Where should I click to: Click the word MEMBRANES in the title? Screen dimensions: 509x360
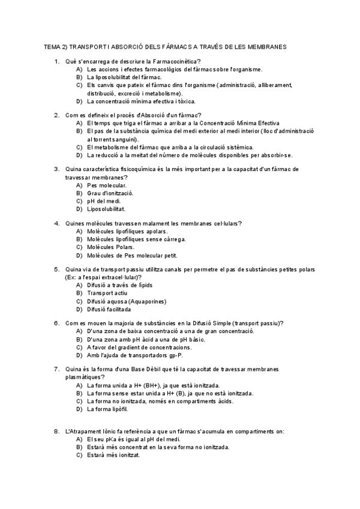pyautogui.click(x=265, y=46)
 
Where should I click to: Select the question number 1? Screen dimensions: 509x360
pyautogui.click(x=57, y=62)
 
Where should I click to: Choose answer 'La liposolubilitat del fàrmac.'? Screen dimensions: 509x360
pyautogui.click(x=124, y=77)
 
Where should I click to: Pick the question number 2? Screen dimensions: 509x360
pyautogui.click(x=57, y=115)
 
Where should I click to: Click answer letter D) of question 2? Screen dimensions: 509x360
pyautogui.click(x=79, y=155)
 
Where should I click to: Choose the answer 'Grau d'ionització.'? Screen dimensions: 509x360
pyautogui.click(x=110, y=193)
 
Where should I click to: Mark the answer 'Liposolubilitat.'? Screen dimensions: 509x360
pyautogui.click(x=106, y=209)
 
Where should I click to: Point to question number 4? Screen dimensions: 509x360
pyautogui.click(x=57, y=224)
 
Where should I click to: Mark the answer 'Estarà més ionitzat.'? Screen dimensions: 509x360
pyautogui.click(x=113, y=455)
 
